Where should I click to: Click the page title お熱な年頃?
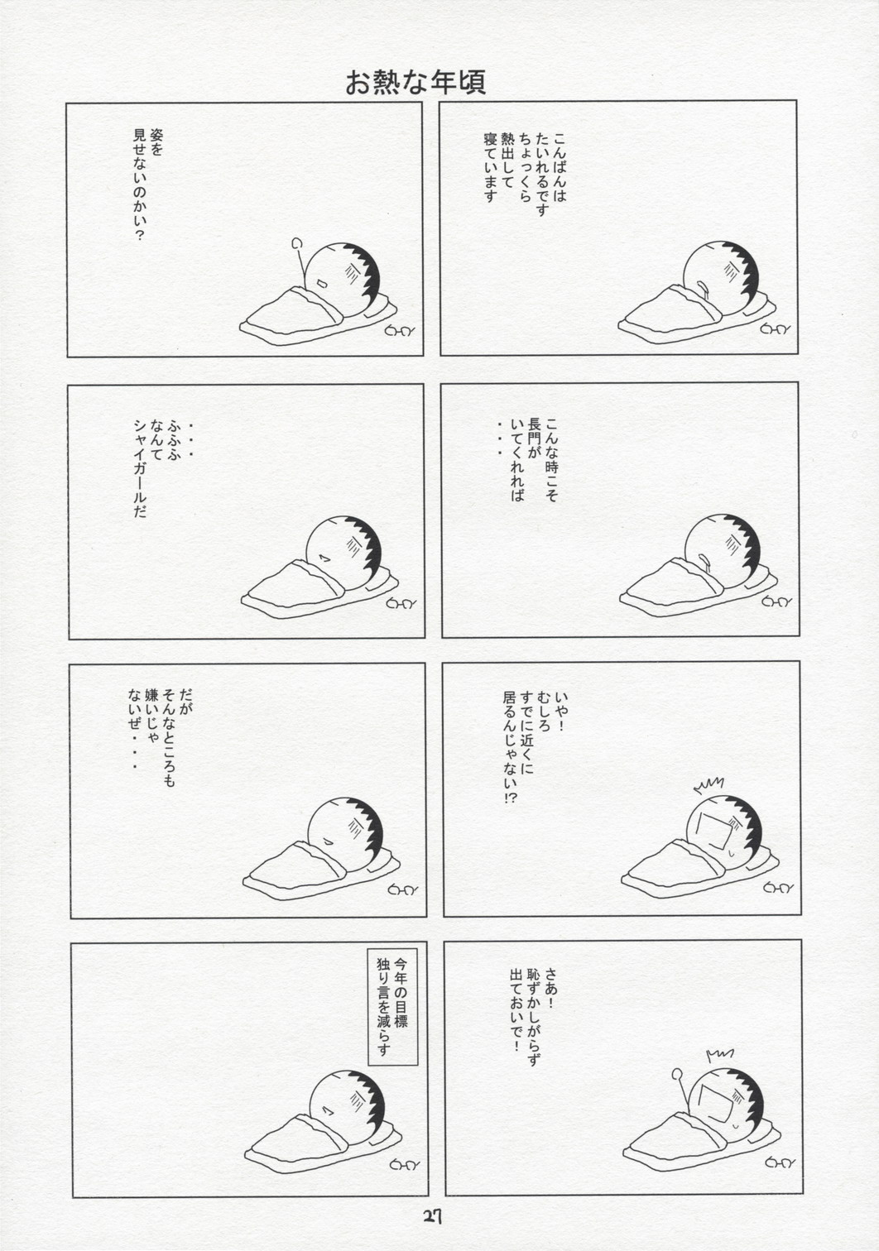[415, 83]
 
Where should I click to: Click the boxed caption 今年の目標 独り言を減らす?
[392, 1006]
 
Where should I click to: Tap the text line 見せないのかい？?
[139, 185]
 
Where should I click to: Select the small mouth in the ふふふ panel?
[323, 557]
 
